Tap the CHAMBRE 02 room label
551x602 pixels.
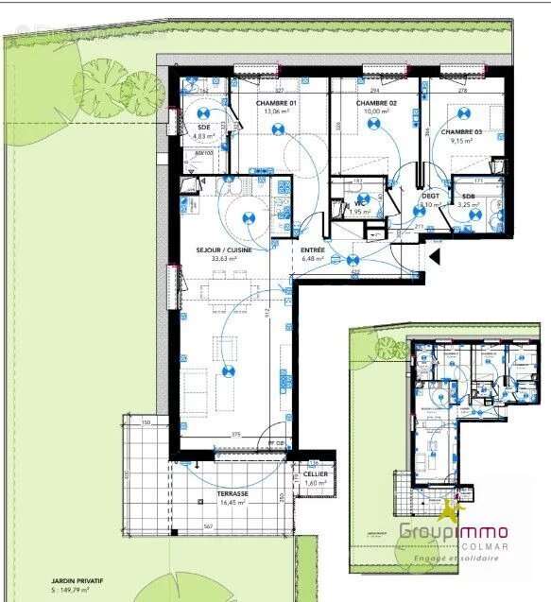coord(375,103)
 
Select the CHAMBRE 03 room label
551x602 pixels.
coord(462,132)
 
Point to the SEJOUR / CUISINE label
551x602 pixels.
coord(224,250)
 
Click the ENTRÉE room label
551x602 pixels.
coord(313,250)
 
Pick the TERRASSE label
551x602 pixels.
coord(232,494)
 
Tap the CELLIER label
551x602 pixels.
coord(316,474)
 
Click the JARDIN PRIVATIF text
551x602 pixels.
coord(77,582)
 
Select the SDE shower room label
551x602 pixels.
coord(204,127)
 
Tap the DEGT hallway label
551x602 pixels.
coord(430,196)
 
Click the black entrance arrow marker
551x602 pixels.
coord(435,255)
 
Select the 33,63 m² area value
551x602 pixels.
coord(224,259)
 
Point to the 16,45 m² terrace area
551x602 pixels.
coord(232,503)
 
